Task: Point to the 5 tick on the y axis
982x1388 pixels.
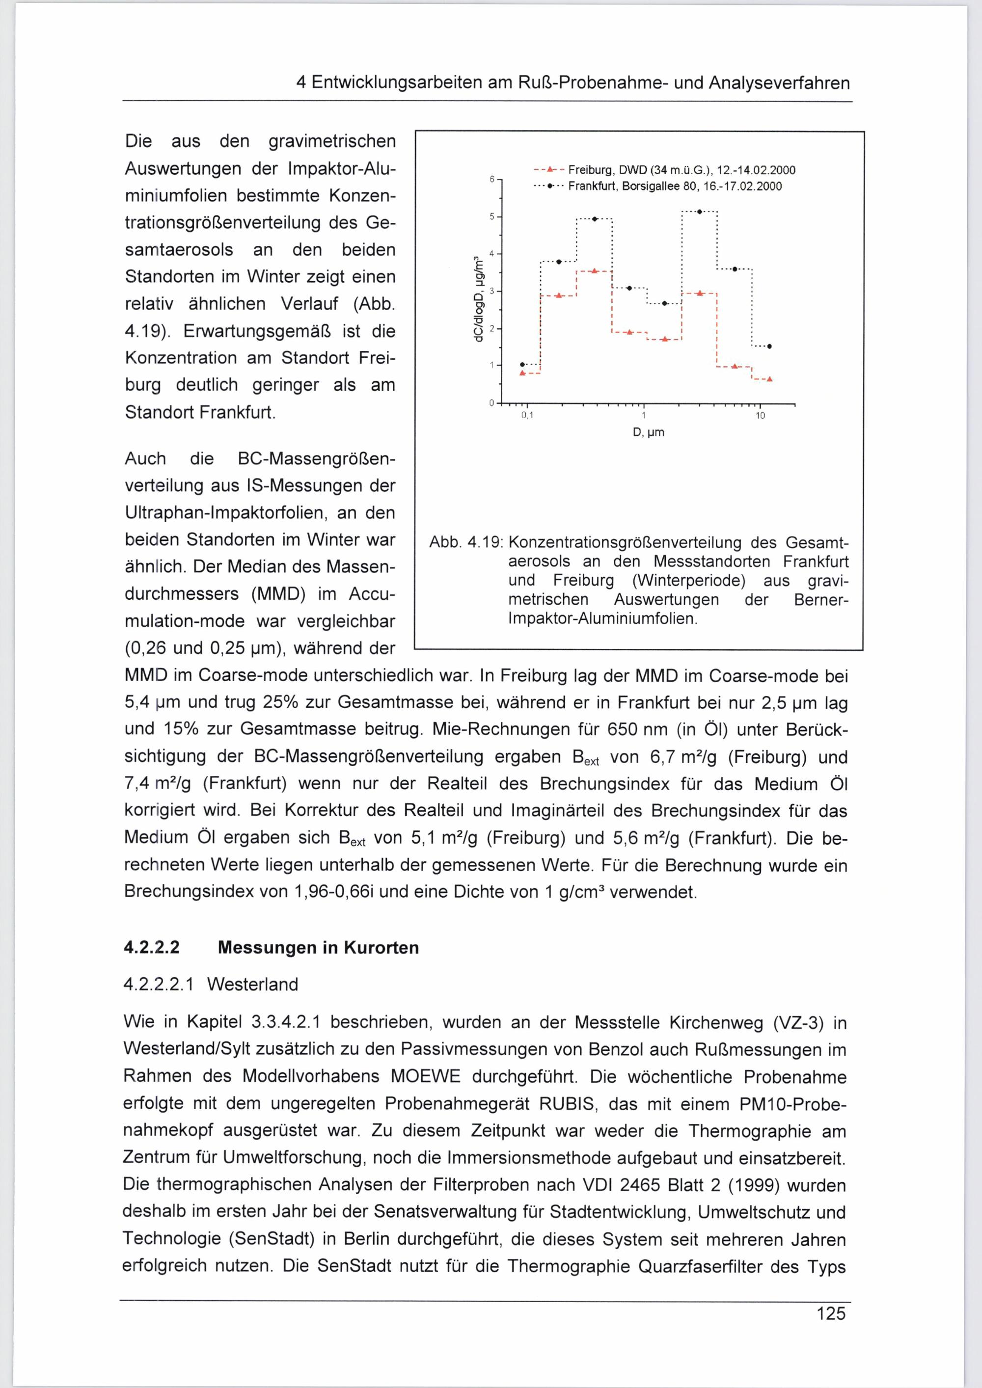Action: pyautogui.click(x=492, y=216)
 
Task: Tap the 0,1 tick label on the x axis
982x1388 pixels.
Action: pyautogui.click(x=528, y=416)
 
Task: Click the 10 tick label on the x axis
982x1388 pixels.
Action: pyautogui.click(x=760, y=416)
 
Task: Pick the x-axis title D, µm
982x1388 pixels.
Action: pyautogui.click(x=648, y=432)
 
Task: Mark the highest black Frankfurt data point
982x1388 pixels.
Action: pyautogui.click(x=699, y=212)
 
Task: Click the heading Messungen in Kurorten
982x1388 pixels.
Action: pyautogui.click(x=318, y=947)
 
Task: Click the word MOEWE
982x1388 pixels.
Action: pyautogui.click(x=426, y=1077)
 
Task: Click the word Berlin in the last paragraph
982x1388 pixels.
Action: pyautogui.click(x=354, y=1239)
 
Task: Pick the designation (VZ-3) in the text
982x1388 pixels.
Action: pyautogui.click(x=798, y=1023)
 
